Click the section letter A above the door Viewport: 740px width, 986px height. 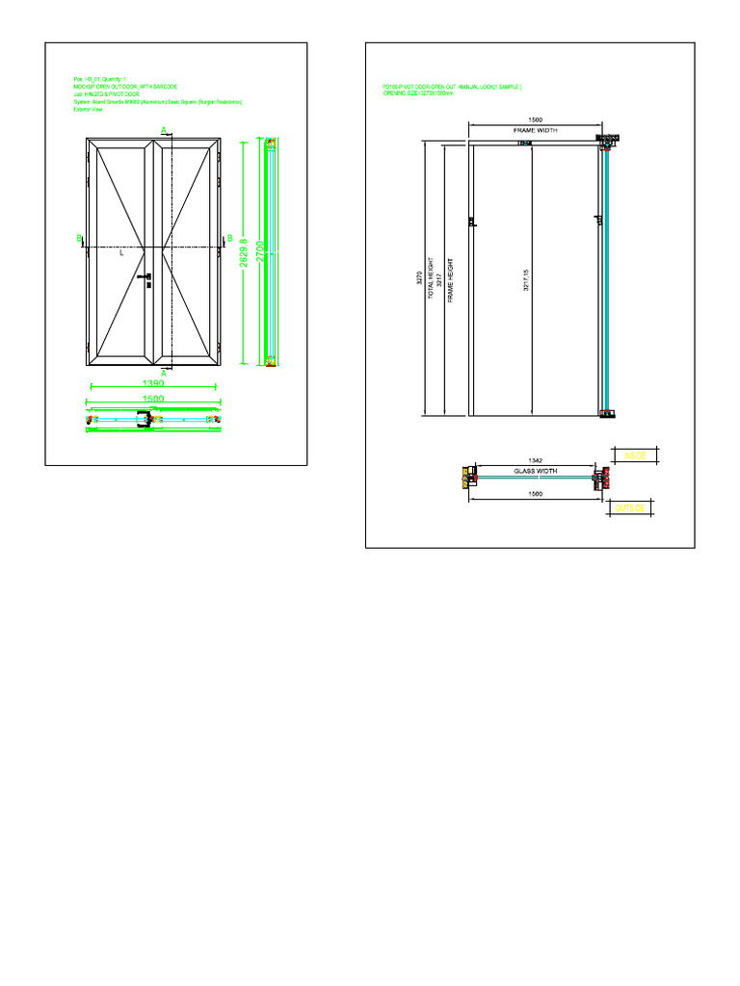(x=163, y=129)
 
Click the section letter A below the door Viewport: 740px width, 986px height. (x=163, y=375)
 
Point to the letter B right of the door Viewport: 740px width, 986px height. (x=229, y=238)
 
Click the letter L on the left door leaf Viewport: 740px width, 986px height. (x=121, y=254)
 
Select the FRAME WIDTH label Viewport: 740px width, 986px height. (x=535, y=129)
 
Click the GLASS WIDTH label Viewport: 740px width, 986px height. (x=535, y=472)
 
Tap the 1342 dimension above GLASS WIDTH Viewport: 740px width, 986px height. (x=535, y=461)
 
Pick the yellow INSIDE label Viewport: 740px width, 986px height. (x=634, y=454)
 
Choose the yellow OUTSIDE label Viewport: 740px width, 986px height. (x=631, y=506)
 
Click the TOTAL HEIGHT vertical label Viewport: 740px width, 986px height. (x=431, y=280)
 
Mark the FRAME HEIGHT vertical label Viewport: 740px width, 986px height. (x=450, y=280)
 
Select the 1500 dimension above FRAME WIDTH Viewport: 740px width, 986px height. (x=535, y=120)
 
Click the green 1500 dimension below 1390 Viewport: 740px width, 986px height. (x=152, y=398)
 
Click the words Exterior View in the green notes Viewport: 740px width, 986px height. (x=88, y=110)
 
